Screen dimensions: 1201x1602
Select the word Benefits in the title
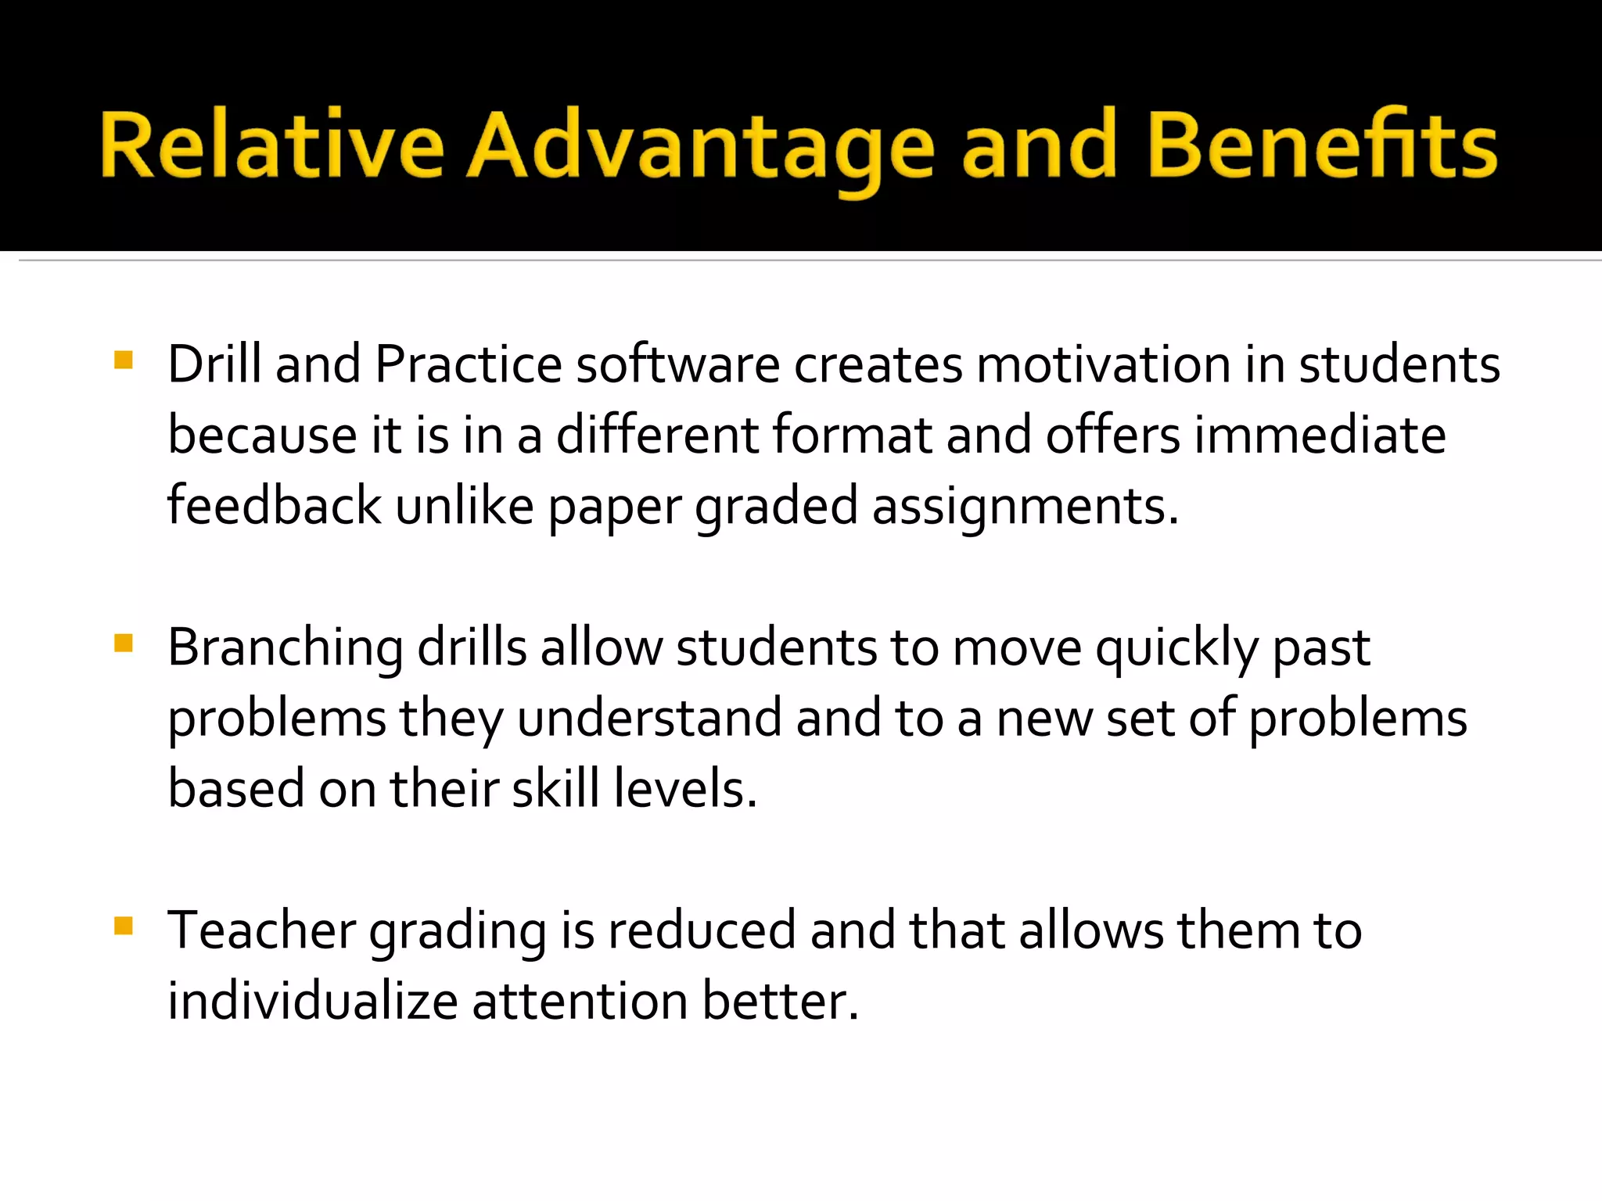click(x=1323, y=145)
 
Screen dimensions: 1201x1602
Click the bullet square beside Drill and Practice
click(x=124, y=360)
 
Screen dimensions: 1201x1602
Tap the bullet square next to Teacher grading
click(x=124, y=926)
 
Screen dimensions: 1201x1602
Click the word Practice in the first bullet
click(x=469, y=364)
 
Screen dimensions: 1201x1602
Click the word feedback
click(x=274, y=505)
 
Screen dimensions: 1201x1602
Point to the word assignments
click(x=1025, y=507)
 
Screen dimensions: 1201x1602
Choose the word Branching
click(x=285, y=649)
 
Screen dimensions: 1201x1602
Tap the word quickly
click(x=1176, y=649)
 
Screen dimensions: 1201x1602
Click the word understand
click(x=649, y=718)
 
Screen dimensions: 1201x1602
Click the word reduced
click(x=702, y=930)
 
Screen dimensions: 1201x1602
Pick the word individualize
click(x=312, y=1001)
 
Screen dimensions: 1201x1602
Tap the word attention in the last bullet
click(x=580, y=1001)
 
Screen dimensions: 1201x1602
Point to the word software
click(x=677, y=364)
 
